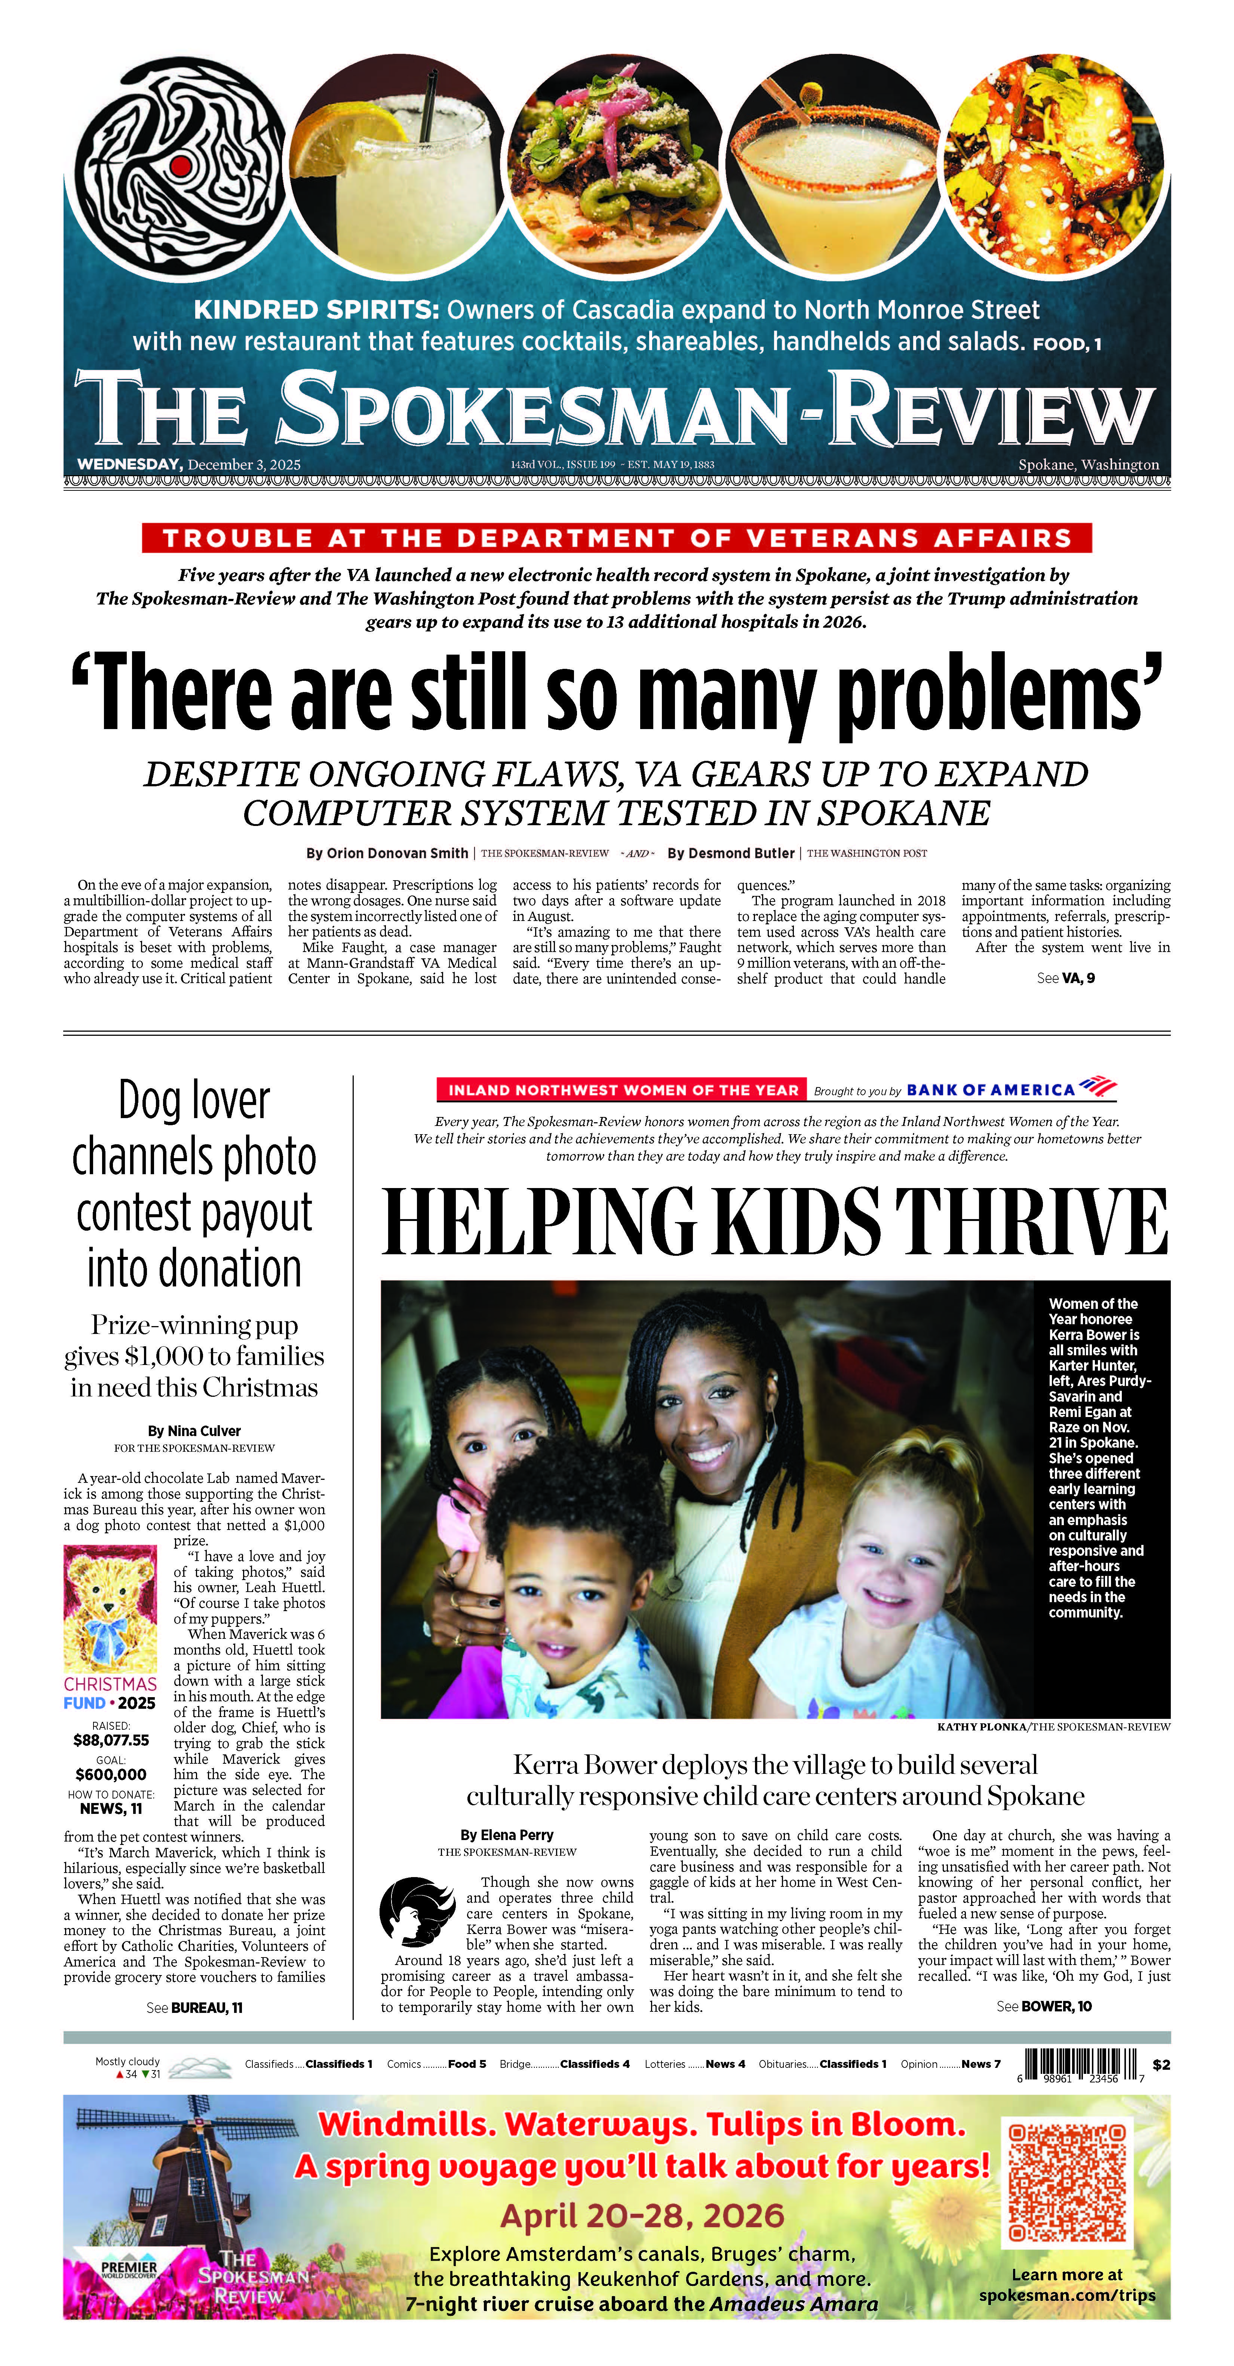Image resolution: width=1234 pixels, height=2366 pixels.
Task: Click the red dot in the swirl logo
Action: point(181,165)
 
